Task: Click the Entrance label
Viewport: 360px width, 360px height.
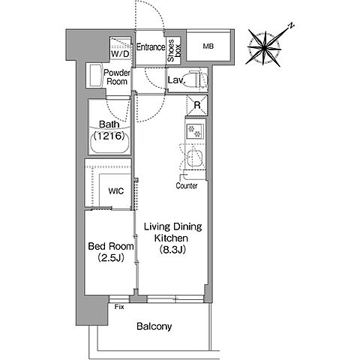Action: click(x=151, y=47)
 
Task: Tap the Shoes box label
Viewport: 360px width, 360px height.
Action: click(x=174, y=51)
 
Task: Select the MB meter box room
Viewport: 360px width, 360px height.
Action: click(x=208, y=46)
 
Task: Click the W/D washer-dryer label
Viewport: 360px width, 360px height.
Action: click(x=120, y=54)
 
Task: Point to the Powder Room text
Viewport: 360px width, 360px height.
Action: click(x=117, y=77)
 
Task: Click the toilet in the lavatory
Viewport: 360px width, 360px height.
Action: click(x=196, y=80)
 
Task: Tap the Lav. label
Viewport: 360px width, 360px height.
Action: click(x=176, y=80)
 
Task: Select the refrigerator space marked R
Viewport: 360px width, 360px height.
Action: click(x=197, y=105)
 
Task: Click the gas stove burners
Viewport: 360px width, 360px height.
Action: click(x=194, y=131)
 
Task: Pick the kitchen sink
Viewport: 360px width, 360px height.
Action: click(x=195, y=158)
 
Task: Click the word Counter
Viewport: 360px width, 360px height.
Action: click(x=187, y=185)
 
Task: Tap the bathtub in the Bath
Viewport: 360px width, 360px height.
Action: click(x=109, y=143)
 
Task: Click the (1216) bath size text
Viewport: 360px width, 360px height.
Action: click(x=109, y=136)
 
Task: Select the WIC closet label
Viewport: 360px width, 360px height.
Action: click(x=116, y=191)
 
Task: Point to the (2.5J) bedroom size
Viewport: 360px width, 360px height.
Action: click(x=111, y=257)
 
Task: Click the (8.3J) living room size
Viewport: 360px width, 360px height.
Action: click(x=172, y=250)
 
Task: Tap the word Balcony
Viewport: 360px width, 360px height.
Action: click(x=154, y=326)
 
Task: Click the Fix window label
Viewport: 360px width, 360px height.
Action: click(x=119, y=307)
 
